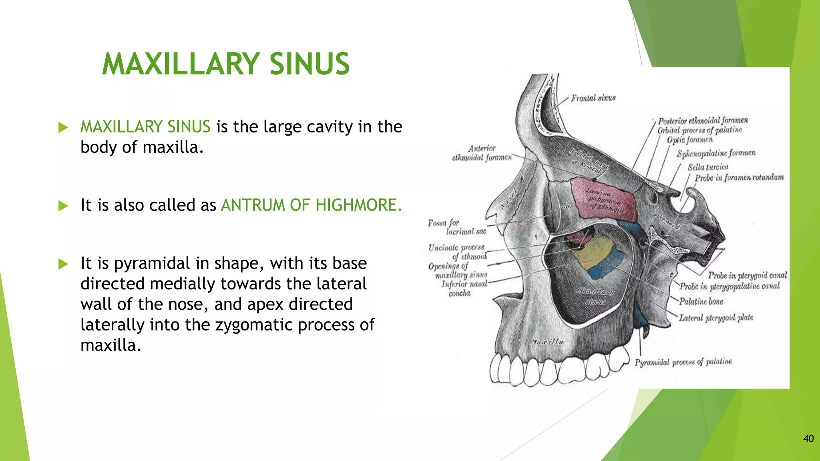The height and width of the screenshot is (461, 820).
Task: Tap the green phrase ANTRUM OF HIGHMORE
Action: point(311,205)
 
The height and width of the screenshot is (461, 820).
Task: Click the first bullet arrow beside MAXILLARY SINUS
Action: point(63,128)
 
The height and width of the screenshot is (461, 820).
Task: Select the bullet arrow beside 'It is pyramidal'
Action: point(63,264)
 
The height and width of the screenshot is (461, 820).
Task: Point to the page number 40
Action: point(808,439)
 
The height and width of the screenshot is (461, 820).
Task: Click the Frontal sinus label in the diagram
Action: point(593,98)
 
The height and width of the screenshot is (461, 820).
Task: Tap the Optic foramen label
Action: point(689,140)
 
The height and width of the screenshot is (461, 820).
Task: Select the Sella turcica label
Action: point(707,167)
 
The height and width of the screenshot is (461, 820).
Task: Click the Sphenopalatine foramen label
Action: point(716,154)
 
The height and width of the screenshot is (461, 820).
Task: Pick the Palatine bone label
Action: point(701,302)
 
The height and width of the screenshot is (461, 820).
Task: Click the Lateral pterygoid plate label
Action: point(716,318)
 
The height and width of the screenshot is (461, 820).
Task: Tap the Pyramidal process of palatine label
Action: point(683,362)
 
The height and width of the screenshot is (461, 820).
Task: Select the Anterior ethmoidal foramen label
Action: point(482,153)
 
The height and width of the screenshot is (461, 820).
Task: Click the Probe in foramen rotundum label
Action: point(739,178)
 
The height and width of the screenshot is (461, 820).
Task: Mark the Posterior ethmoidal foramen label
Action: point(703,120)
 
